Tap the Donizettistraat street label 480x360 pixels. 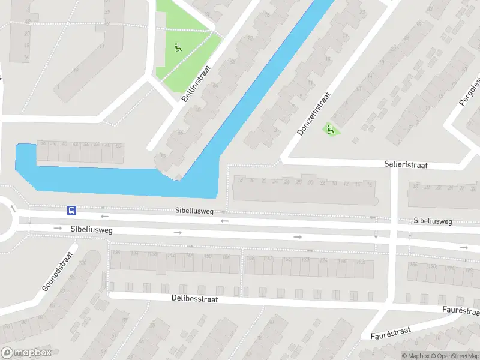click(x=314, y=113)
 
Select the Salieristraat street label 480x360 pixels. click(x=406, y=164)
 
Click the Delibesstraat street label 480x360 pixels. click(x=194, y=298)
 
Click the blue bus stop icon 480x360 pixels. click(x=71, y=210)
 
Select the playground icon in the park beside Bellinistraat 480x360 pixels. click(x=178, y=47)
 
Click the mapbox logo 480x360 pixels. click(x=26, y=353)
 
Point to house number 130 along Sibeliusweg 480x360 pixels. click(x=116, y=253)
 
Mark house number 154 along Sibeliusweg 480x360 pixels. click(x=226, y=257)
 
